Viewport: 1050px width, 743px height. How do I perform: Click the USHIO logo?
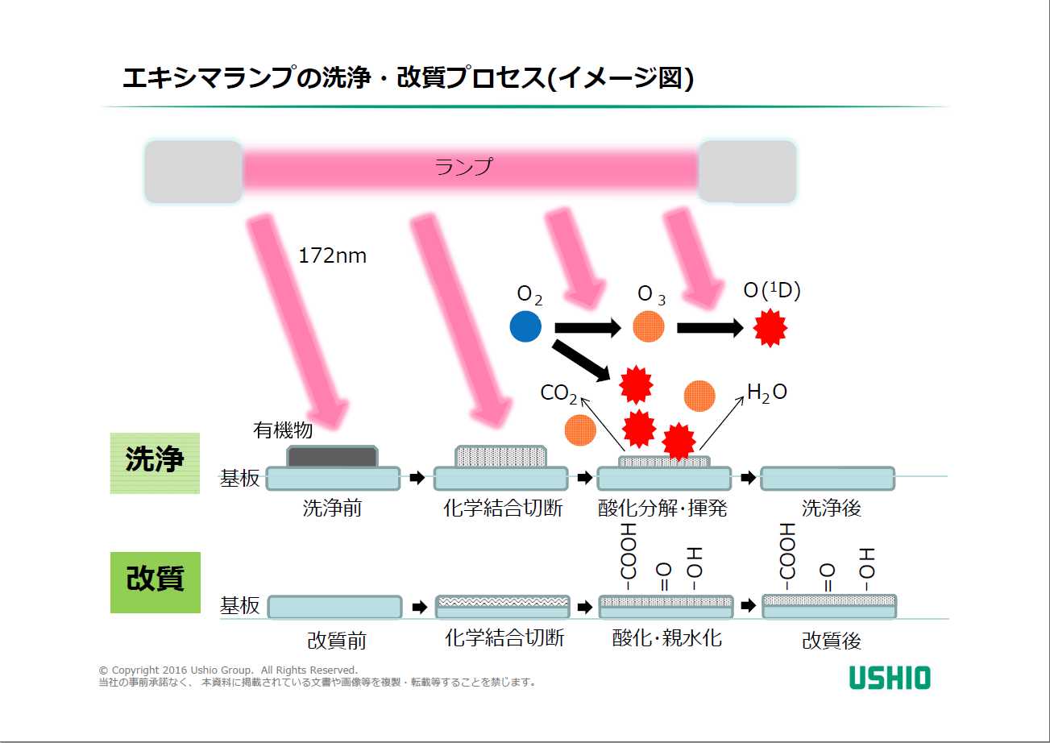890,678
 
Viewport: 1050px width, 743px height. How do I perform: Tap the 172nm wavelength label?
332,256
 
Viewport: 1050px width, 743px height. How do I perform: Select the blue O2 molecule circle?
526,326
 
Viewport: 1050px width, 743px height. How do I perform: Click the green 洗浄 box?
155,462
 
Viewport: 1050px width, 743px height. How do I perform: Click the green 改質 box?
155,579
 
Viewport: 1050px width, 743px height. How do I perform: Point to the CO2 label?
558,393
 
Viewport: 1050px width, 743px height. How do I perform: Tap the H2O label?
766,392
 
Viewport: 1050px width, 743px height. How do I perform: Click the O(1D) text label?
771,291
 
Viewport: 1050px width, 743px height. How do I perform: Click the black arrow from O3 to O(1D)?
709,328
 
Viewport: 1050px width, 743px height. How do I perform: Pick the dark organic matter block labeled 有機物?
332,457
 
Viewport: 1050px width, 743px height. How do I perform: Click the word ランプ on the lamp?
463,167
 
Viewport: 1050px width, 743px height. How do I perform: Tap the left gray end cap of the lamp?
193,171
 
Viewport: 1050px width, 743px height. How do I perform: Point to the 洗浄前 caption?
332,508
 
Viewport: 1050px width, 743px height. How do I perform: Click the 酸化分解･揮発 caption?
662,508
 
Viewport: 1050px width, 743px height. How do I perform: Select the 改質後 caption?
831,641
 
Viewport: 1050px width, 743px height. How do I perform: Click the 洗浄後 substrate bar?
828,478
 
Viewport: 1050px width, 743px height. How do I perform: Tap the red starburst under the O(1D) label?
770,328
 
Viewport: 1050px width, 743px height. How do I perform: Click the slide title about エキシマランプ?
408,78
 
